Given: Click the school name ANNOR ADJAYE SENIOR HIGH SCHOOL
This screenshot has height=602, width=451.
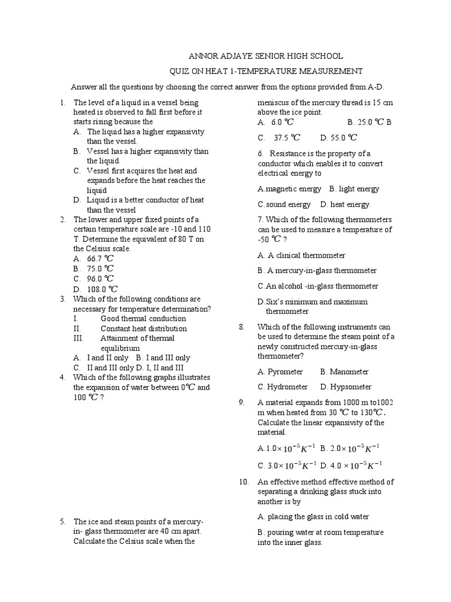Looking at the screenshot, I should click(x=265, y=56).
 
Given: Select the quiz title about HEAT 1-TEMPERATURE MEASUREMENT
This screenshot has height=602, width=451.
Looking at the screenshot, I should click(x=265, y=71).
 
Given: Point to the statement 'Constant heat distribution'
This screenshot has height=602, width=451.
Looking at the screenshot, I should click(x=144, y=329).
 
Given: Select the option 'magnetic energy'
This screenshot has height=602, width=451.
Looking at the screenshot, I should click(x=293, y=189).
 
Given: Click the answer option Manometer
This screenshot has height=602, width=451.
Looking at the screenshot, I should click(x=349, y=372).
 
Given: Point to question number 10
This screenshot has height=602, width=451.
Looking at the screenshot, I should click(x=244, y=482).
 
